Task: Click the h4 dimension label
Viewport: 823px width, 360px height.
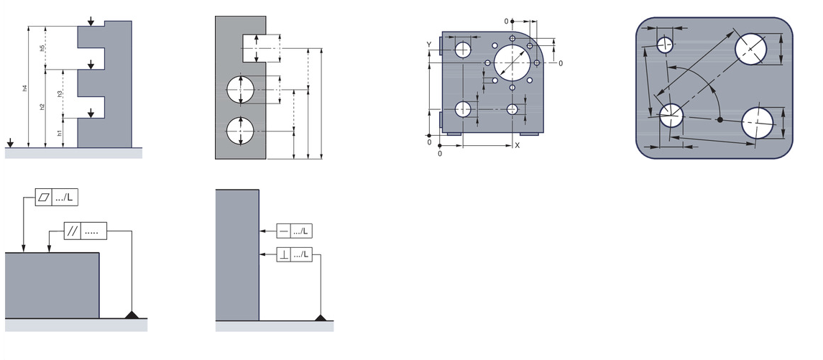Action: click(x=24, y=88)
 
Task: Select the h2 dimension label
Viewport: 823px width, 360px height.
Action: click(x=42, y=107)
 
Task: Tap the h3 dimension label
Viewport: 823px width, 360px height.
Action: click(x=60, y=93)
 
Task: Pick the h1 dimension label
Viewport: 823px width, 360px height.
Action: click(x=60, y=134)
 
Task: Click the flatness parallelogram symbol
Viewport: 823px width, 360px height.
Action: click(x=44, y=198)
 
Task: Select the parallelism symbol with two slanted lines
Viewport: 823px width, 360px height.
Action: click(x=73, y=231)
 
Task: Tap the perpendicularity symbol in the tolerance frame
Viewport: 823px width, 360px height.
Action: click(x=284, y=255)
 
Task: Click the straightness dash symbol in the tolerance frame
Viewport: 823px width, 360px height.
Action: click(x=284, y=231)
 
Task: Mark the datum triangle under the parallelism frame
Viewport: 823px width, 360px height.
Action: click(x=132, y=315)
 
